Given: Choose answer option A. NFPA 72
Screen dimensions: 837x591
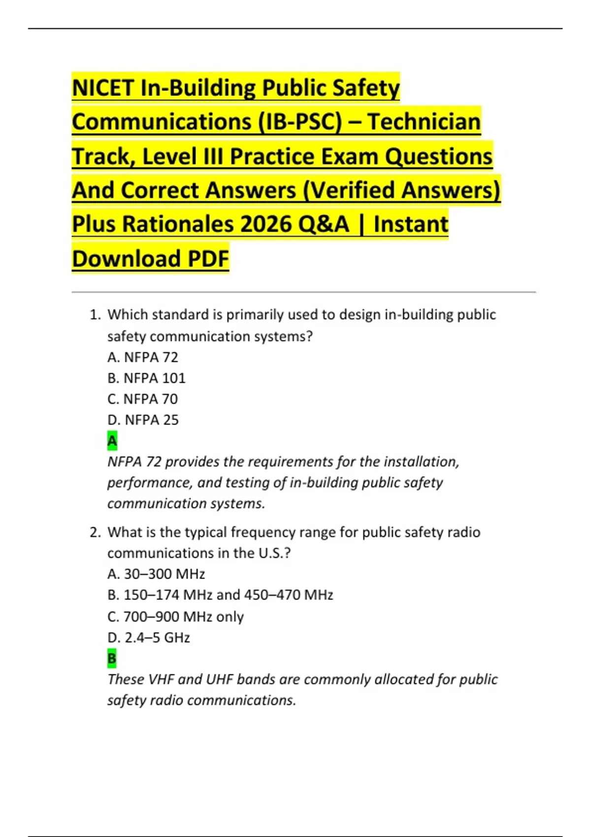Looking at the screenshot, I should pyautogui.click(x=142, y=357).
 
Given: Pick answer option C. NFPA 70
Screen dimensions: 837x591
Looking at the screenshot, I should pyautogui.click(x=142, y=399).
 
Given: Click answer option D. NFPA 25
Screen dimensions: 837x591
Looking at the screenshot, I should pyautogui.click(x=143, y=420).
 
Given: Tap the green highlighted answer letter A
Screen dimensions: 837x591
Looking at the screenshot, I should pyautogui.click(x=112, y=441).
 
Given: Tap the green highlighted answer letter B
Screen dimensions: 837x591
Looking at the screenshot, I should pyautogui.click(x=112, y=658).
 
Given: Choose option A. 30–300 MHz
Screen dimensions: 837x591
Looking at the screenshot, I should pyautogui.click(x=156, y=574).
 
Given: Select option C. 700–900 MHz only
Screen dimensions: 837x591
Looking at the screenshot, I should pyautogui.click(x=175, y=616).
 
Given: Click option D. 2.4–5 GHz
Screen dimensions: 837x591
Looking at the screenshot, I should pyautogui.click(x=148, y=638).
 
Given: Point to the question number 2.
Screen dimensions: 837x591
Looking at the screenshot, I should pyautogui.click(x=95, y=532).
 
